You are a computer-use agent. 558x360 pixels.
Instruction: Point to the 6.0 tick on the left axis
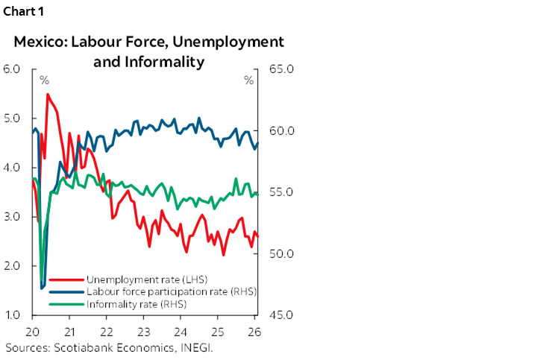tap(13, 69)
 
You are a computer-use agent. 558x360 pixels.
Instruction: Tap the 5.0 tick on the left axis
tap(13, 119)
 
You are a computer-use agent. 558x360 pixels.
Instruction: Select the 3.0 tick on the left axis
tap(13, 217)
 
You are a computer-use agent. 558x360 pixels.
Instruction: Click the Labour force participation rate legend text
tap(172, 291)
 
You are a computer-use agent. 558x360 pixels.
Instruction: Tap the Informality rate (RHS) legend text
tap(137, 304)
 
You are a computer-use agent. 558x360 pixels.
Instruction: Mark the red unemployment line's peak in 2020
tap(48, 94)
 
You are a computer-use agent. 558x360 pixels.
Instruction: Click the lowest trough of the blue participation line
tap(41, 288)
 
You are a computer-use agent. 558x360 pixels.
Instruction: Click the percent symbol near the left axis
tap(44, 80)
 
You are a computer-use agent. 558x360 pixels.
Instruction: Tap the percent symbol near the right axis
tap(248, 80)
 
